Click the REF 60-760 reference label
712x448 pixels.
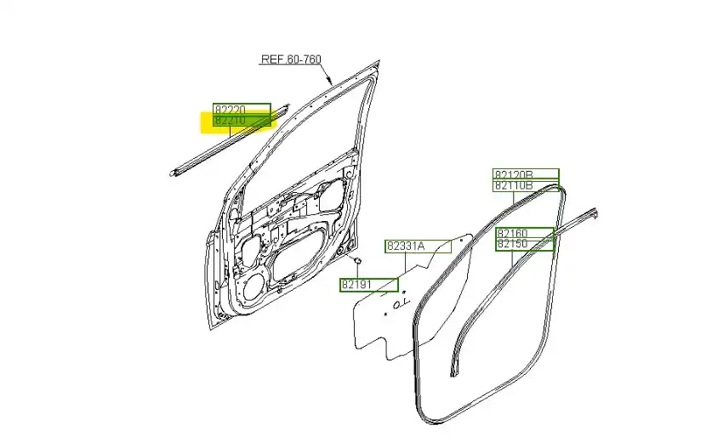pos(291,59)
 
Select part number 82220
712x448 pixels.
pos(231,110)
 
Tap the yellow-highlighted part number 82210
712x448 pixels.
pos(231,120)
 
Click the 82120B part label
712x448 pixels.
pos(514,175)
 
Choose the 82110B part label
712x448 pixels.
pos(514,185)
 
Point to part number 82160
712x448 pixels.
pos(512,234)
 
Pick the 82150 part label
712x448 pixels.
pos(512,244)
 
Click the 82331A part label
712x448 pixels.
pos(406,247)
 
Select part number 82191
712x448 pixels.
pos(357,285)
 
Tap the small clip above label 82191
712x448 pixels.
pos(357,260)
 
